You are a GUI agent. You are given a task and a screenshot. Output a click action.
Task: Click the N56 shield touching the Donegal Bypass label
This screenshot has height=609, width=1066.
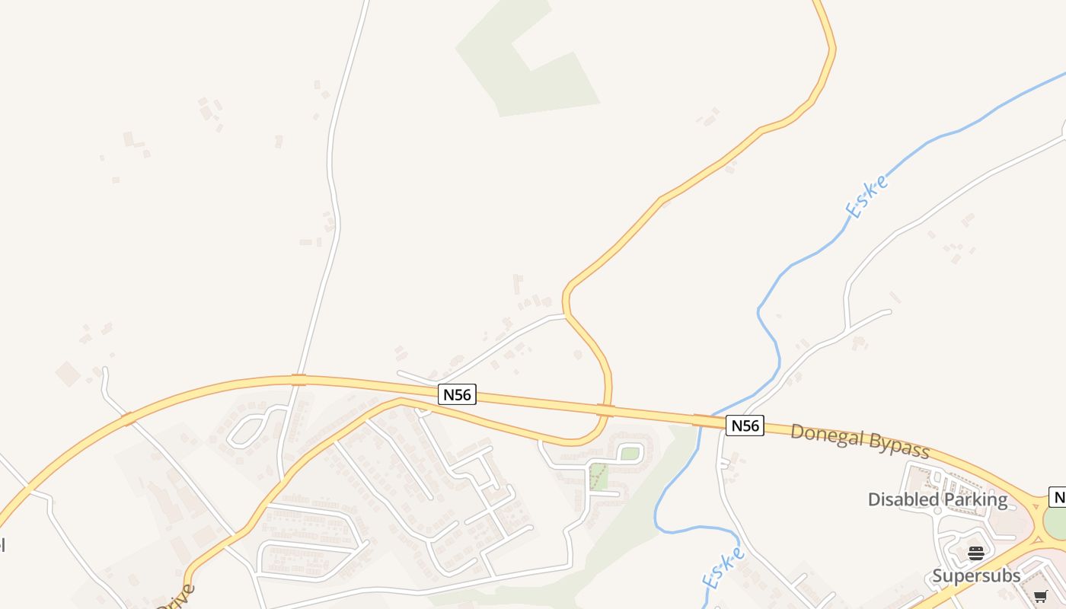[x=745, y=426]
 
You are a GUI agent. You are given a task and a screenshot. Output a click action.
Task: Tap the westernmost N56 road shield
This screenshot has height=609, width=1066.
[x=457, y=394]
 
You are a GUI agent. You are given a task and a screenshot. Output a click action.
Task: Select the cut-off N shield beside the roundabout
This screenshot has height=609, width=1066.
[x=1058, y=497]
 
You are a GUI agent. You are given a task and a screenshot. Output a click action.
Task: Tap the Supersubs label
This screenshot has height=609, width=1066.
[x=976, y=576]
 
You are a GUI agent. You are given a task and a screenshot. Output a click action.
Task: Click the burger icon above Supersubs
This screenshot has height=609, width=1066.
[x=976, y=553]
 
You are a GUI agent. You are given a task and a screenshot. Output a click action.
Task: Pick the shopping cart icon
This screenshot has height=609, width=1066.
[x=1041, y=596]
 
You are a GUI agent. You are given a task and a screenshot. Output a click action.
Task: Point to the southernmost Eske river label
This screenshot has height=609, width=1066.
[x=723, y=568]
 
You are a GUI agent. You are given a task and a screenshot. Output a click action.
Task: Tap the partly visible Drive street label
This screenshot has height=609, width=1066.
[x=177, y=598]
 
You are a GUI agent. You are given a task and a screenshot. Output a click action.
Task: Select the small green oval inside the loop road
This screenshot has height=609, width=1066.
[x=630, y=454]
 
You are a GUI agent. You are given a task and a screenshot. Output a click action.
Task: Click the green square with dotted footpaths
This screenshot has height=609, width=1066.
[x=599, y=477]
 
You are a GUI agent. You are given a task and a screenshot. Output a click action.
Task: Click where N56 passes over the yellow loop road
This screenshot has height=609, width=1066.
[x=606, y=411]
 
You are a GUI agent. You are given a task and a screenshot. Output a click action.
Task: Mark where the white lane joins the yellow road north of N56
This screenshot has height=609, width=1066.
[x=565, y=314]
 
